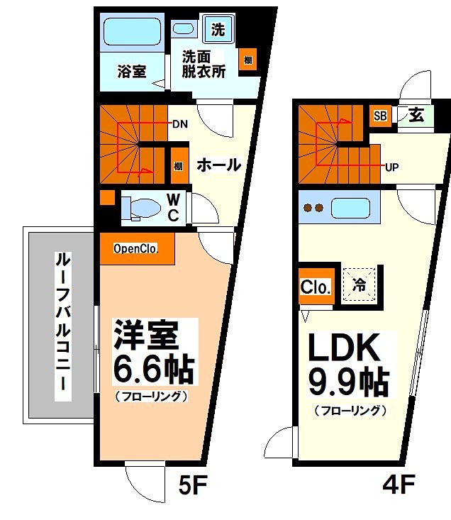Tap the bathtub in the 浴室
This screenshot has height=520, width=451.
pyautogui.click(x=133, y=32)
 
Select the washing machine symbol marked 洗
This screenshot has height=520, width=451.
pyautogui.click(x=218, y=30)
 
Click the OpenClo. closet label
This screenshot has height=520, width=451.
pyautogui.click(x=135, y=249)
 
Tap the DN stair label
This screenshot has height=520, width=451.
pyautogui.click(x=179, y=124)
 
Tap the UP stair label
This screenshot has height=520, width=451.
pyautogui.click(x=391, y=168)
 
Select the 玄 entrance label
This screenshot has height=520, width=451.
pyautogui.click(x=417, y=116)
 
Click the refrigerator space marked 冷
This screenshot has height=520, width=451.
pyautogui.click(x=360, y=285)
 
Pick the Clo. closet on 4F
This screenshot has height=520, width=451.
pyautogui.click(x=316, y=287)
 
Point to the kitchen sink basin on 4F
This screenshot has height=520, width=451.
pyautogui.click(x=350, y=208)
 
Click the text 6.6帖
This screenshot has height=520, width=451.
pyautogui.click(x=153, y=368)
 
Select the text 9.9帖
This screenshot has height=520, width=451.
pyautogui.click(x=348, y=383)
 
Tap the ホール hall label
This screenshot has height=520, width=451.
pyautogui.click(x=218, y=165)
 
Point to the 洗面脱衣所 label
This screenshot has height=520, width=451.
pyautogui.click(x=204, y=63)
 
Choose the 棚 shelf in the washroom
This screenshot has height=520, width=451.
pyautogui.click(x=247, y=60)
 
